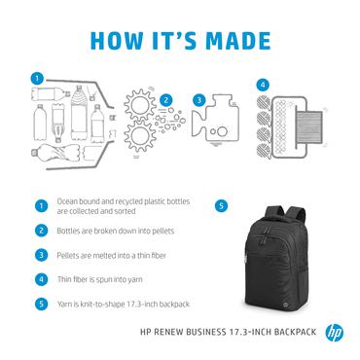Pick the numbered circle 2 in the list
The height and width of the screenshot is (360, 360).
(41, 232)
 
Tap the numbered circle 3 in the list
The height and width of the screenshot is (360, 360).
(41, 255)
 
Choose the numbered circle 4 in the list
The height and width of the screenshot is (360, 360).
(41, 278)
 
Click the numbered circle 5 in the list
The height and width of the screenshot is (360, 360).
(41, 302)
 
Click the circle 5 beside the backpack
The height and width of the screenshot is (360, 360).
(221, 206)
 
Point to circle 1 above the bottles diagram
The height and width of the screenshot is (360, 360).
(37, 77)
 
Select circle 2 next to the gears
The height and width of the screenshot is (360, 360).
(166, 99)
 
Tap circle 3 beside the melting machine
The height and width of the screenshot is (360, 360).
(198, 99)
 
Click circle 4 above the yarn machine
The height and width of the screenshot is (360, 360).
(261, 86)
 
